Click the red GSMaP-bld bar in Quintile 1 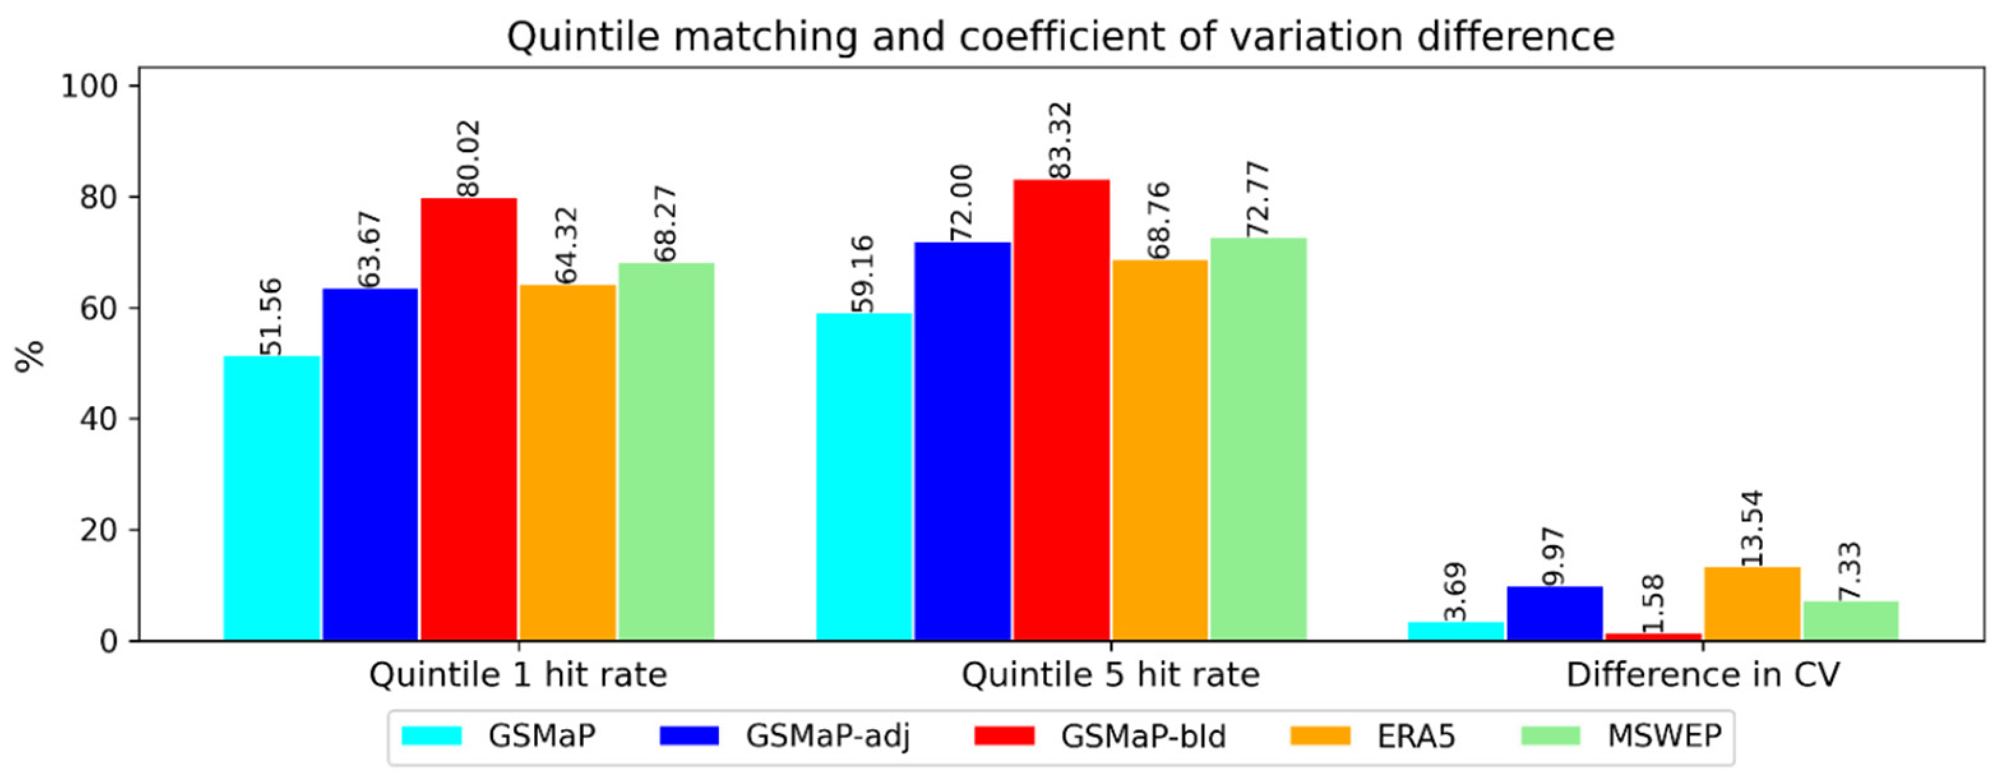[x=468, y=420]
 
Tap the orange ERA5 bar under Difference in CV [x=1752, y=604]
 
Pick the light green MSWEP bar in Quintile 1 [x=666, y=452]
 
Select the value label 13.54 [x=1752, y=529]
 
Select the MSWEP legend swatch [x=1550, y=735]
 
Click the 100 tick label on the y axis [x=89, y=86]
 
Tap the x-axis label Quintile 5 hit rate [x=1110, y=675]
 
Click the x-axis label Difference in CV [x=1702, y=675]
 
